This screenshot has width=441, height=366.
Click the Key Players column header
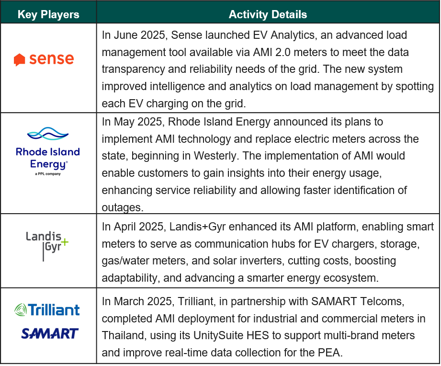tap(48, 14)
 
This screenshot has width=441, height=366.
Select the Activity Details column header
tap(268, 14)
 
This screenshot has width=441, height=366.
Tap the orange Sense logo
tap(44, 59)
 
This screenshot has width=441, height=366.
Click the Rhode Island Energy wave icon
tap(48, 134)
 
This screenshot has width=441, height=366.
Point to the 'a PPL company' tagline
tap(48, 174)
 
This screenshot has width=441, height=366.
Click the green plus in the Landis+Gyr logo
tap(65, 241)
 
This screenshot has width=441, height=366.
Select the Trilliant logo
tap(47, 310)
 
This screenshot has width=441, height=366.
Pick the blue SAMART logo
tap(49, 333)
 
